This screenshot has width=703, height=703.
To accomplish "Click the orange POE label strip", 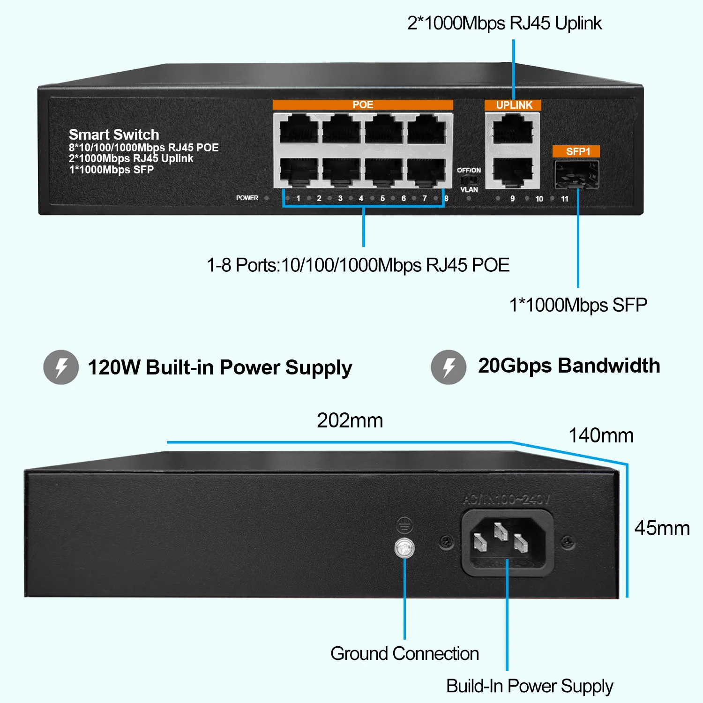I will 363,105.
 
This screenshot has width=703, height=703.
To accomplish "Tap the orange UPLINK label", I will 514,105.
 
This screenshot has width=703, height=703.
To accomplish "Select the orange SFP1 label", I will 577,151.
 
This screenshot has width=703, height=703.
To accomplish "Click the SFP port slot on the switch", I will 576,174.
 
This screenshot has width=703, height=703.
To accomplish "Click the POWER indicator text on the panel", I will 247,198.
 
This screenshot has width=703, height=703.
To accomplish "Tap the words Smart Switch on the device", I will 114,135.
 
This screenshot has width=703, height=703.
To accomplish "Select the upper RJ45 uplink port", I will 513,129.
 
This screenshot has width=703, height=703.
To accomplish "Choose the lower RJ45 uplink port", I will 513,172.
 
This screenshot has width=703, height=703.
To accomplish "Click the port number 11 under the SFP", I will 564,199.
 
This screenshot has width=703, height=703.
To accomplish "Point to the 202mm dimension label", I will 350,420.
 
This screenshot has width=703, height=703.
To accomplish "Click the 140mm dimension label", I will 601,435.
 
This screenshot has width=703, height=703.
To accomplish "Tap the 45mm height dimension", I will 662,528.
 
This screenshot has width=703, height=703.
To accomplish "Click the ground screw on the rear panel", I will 404,548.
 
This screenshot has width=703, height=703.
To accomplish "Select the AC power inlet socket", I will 508,542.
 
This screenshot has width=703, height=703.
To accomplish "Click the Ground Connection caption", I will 404,653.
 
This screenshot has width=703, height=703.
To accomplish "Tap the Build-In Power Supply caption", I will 529,686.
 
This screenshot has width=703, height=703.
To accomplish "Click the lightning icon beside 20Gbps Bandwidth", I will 449,367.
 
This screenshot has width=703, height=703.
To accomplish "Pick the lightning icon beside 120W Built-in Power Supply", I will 61,367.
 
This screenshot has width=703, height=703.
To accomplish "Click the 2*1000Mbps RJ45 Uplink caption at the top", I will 504,23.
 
